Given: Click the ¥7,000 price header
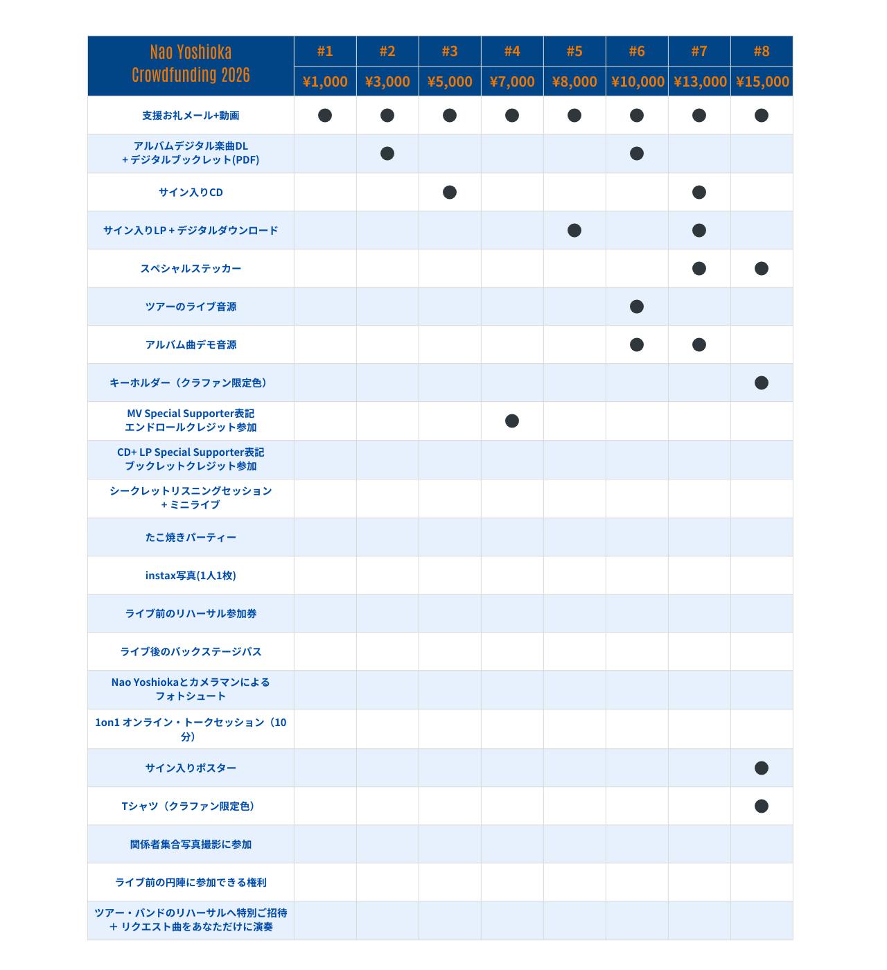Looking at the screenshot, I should click(512, 82).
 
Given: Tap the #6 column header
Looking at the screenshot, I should click(637, 51).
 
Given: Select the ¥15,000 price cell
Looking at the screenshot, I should click(762, 82).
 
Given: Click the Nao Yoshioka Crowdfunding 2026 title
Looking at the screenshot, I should click(191, 64).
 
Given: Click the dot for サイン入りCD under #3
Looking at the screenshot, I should click(450, 192).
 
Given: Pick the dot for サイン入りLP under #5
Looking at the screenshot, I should click(574, 230).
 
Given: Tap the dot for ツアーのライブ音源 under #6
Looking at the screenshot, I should click(637, 306).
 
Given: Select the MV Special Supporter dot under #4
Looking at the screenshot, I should click(512, 421).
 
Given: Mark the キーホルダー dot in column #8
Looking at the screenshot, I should click(762, 382).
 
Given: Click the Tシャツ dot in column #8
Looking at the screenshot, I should click(762, 806).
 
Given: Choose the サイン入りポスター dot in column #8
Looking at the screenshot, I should click(762, 768).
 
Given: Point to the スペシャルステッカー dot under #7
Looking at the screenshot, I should click(699, 268).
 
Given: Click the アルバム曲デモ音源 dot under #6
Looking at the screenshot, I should click(637, 344).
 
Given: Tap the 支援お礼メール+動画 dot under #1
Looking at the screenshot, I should click(325, 115).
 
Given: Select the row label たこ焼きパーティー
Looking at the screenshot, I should click(191, 537).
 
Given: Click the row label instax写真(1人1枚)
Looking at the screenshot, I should click(191, 575).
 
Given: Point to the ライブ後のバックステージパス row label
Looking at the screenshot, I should click(191, 651).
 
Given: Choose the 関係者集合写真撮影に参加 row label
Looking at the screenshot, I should click(191, 844).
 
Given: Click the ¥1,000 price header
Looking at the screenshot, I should click(325, 82).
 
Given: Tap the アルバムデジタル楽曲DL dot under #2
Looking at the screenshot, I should click(387, 153).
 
